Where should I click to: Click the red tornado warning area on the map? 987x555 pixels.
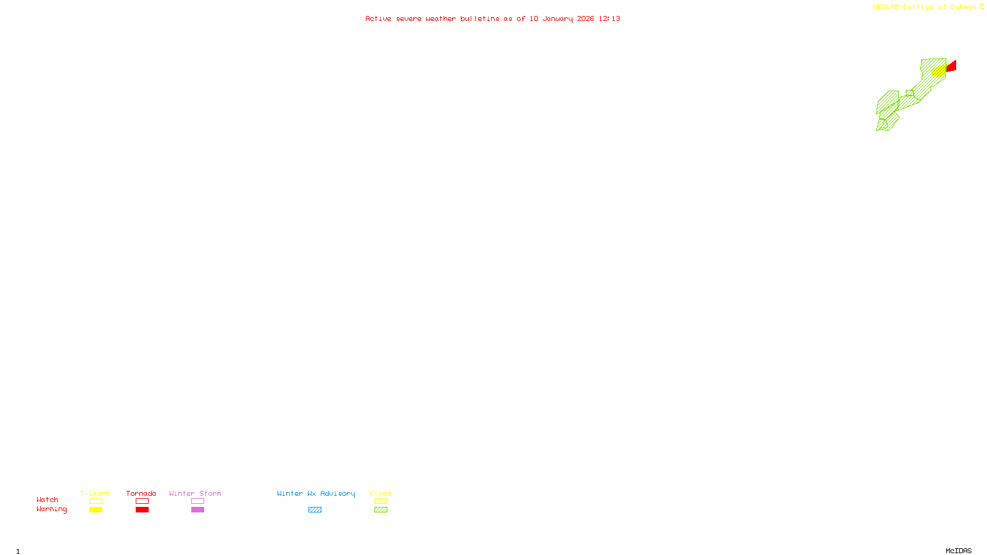[x=952, y=66]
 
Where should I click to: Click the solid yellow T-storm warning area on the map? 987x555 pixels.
[x=939, y=70]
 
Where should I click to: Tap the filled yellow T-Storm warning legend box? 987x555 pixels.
[x=96, y=510]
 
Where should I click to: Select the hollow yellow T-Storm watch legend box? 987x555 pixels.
[x=96, y=501]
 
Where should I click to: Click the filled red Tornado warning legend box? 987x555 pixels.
[x=142, y=510]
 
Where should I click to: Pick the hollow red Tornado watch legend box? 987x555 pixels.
[x=142, y=501]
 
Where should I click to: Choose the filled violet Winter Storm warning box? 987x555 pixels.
[x=197, y=510]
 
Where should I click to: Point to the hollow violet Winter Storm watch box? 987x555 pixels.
[x=197, y=501]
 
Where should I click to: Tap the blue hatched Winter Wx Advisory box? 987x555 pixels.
[x=315, y=510]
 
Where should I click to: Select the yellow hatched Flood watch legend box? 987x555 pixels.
[x=381, y=501]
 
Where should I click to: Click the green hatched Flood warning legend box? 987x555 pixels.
[x=381, y=510]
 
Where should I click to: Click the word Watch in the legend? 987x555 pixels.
[x=47, y=500]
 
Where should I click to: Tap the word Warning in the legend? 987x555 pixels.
[x=51, y=509]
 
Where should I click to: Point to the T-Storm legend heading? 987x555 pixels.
[x=95, y=493]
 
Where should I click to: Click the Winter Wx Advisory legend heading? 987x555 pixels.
[x=316, y=493]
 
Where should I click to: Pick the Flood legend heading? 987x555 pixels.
[x=381, y=493]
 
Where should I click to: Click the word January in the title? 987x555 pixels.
[x=557, y=19]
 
